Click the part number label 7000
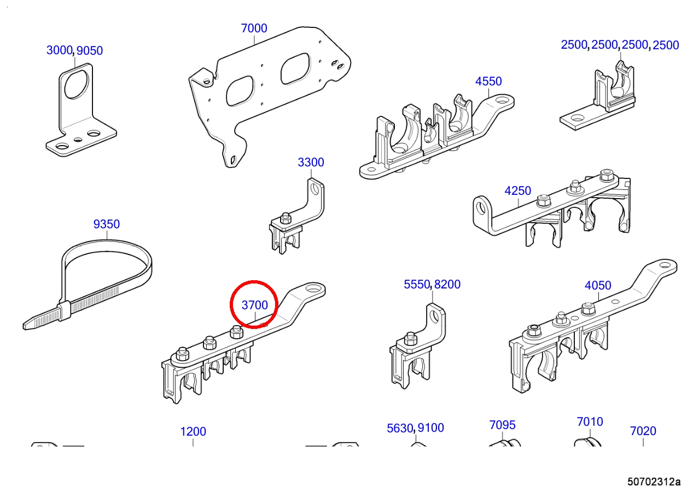coord(254,28)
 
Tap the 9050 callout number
coord(90,51)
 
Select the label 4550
coord(488,82)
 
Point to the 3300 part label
coord(311,163)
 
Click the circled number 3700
coord(254,305)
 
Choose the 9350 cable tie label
coord(107,224)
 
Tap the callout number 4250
coord(517,191)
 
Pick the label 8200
coord(447,284)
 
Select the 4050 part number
coord(598,286)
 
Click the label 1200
coord(193,432)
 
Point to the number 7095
coord(502,425)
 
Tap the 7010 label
coord(590,422)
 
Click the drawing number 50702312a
coord(654,482)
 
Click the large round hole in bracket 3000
coord(77,84)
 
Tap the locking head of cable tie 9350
coord(65,311)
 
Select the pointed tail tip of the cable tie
coord(25,326)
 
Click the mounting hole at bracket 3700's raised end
coord(313,289)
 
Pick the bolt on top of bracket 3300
coord(286,218)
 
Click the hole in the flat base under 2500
coord(578,118)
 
